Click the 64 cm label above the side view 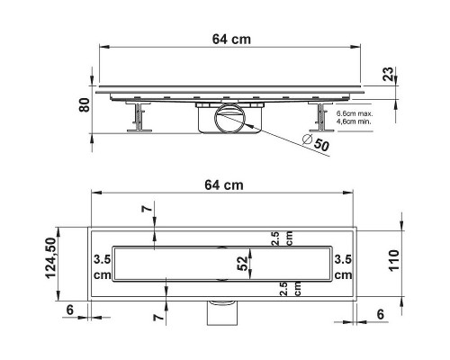point(231,40)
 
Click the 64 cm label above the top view point(224,185)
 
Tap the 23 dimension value point(388,74)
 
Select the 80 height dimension point(85,105)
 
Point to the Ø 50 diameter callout point(316,142)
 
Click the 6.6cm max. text point(355,114)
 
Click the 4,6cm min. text point(354,121)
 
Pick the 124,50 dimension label point(51,258)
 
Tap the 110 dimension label point(394,260)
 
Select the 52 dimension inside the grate point(243,264)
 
